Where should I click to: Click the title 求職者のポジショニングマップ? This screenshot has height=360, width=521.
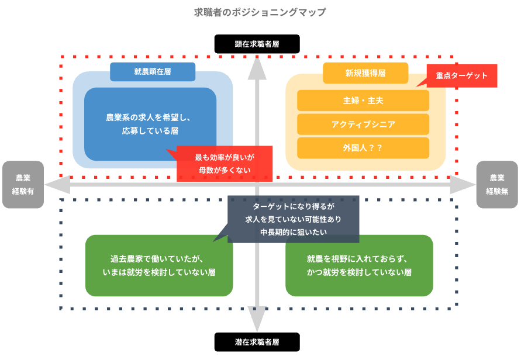[260, 12]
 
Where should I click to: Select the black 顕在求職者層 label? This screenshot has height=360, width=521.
[257, 44]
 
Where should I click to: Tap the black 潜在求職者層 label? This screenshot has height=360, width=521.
[257, 342]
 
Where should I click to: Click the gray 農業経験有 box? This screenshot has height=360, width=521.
[23, 184]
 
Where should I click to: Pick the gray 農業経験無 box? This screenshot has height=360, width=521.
[497, 184]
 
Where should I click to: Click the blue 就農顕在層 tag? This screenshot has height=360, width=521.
[152, 72]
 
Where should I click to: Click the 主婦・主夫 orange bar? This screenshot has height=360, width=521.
[363, 101]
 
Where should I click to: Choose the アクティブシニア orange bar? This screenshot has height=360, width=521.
[363, 124]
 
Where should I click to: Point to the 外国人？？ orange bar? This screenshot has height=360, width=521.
[363, 148]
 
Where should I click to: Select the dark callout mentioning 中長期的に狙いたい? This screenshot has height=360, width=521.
[293, 219]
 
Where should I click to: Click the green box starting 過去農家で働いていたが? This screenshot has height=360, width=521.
[159, 265]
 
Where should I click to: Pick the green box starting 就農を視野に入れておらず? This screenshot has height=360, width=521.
[359, 265]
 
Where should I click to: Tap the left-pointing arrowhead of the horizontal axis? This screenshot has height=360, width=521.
[56, 185]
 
